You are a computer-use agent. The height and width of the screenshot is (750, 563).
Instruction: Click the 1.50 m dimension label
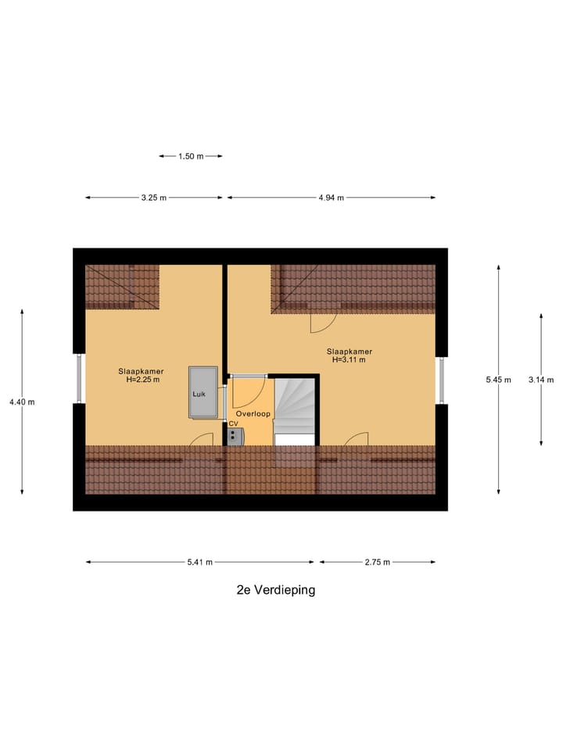(x=191, y=156)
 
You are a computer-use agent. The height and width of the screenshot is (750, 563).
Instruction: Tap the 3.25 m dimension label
(x=154, y=198)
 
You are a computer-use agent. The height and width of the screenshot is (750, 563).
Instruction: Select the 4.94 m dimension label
(x=332, y=198)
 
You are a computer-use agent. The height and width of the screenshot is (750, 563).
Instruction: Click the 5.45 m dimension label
(x=498, y=380)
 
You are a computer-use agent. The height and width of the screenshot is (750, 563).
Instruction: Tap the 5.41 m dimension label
(x=199, y=562)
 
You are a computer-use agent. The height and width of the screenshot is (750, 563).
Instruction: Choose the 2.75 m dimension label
(x=377, y=562)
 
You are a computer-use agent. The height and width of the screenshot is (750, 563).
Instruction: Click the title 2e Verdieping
(x=276, y=590)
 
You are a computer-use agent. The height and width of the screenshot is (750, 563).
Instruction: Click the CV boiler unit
(x=235, y=434)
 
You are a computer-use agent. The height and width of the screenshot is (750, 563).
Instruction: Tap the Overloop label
(x=253, y=413)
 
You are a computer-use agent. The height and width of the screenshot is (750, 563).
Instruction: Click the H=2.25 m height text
(x=142, y=380)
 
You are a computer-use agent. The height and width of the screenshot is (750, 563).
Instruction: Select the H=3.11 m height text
(x=349, y=360)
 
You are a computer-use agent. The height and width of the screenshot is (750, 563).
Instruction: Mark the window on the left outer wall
(x=78, y=380)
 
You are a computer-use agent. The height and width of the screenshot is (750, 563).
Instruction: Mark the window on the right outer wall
(x=441, y=380)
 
